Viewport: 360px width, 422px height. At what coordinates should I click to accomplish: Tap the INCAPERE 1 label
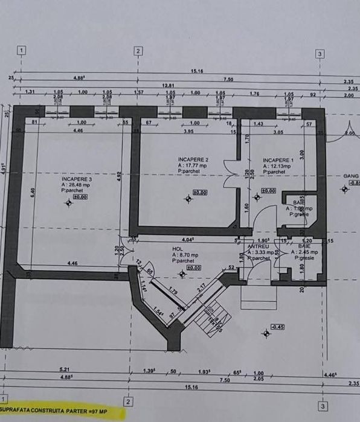(278, 160)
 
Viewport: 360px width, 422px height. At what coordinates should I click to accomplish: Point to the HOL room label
(177, 249)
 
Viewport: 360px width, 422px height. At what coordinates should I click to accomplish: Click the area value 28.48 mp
(78, 185)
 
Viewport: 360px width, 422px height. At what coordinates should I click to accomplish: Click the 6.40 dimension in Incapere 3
(33, 192)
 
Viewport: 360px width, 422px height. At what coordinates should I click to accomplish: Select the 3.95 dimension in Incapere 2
(187, 131)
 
